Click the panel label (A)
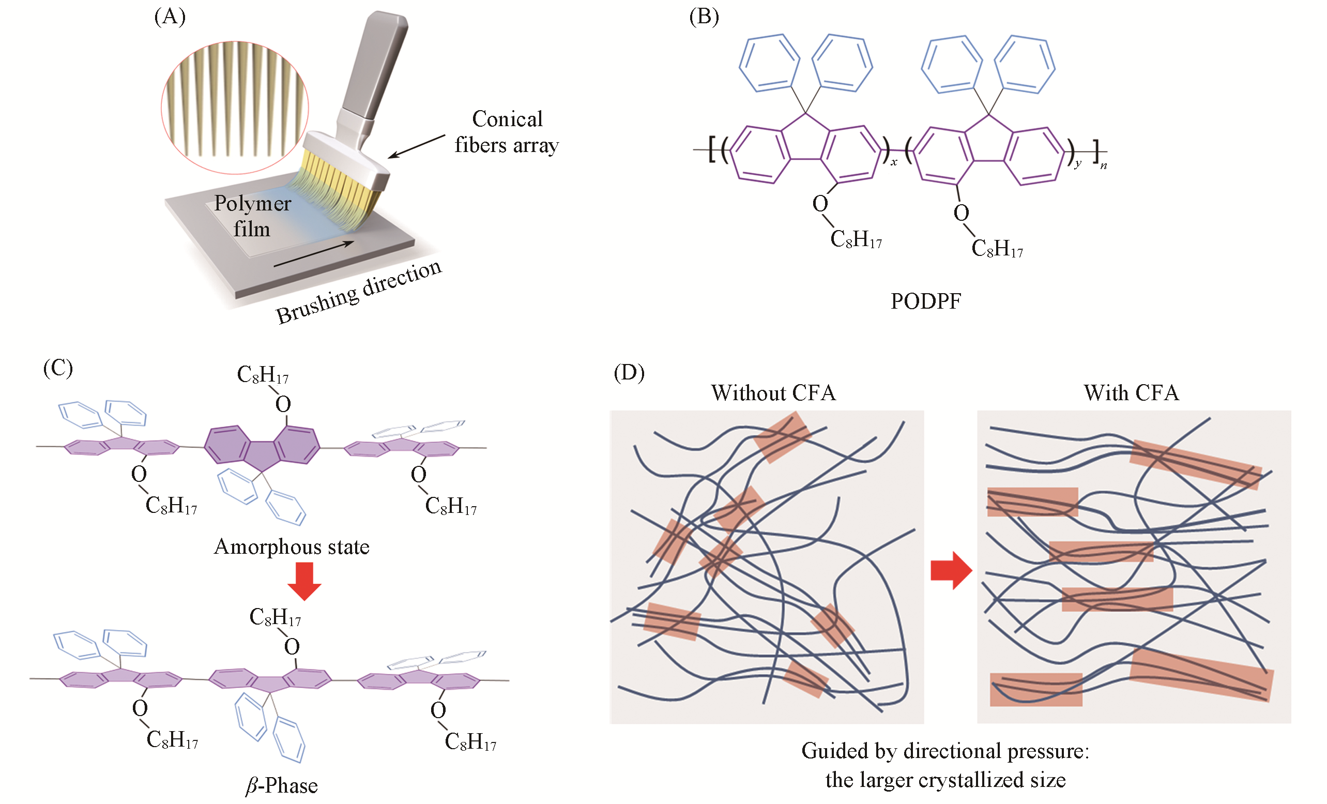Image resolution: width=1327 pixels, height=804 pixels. (170, 17)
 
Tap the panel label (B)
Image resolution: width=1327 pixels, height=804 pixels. (704, 17)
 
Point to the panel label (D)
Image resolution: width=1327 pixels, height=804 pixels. (629, 372)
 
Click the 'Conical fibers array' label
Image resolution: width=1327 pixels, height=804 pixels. (507, 132)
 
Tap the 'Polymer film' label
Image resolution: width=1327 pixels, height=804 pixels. (252, 216)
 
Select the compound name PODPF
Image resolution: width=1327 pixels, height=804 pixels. (925, 301)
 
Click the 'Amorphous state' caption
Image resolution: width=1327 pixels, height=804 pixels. (292, 547)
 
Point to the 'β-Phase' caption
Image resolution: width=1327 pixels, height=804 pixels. (282, 786)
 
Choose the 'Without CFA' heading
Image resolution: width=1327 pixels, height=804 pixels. (773, 393)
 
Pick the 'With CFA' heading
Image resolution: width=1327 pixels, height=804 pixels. (1131, 393)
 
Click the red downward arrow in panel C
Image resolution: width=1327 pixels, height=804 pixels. (304, 581)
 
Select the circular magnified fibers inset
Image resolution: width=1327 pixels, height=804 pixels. (235, 108)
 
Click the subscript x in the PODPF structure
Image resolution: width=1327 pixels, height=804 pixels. (894, 162)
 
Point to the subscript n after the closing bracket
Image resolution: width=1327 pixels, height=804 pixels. (1104, 166)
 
